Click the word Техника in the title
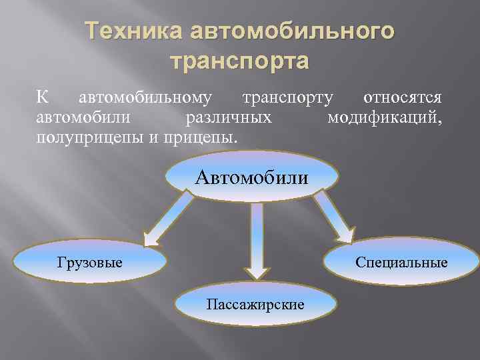[133, 32]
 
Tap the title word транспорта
[240, 61]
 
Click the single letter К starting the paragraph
[42, 98]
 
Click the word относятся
[402, 98]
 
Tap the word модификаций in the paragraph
[385, 118]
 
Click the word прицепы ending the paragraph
[204, 138]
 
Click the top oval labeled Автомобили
[251, 177]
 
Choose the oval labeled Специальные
[401, 262]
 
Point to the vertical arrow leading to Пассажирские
[256, 240]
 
